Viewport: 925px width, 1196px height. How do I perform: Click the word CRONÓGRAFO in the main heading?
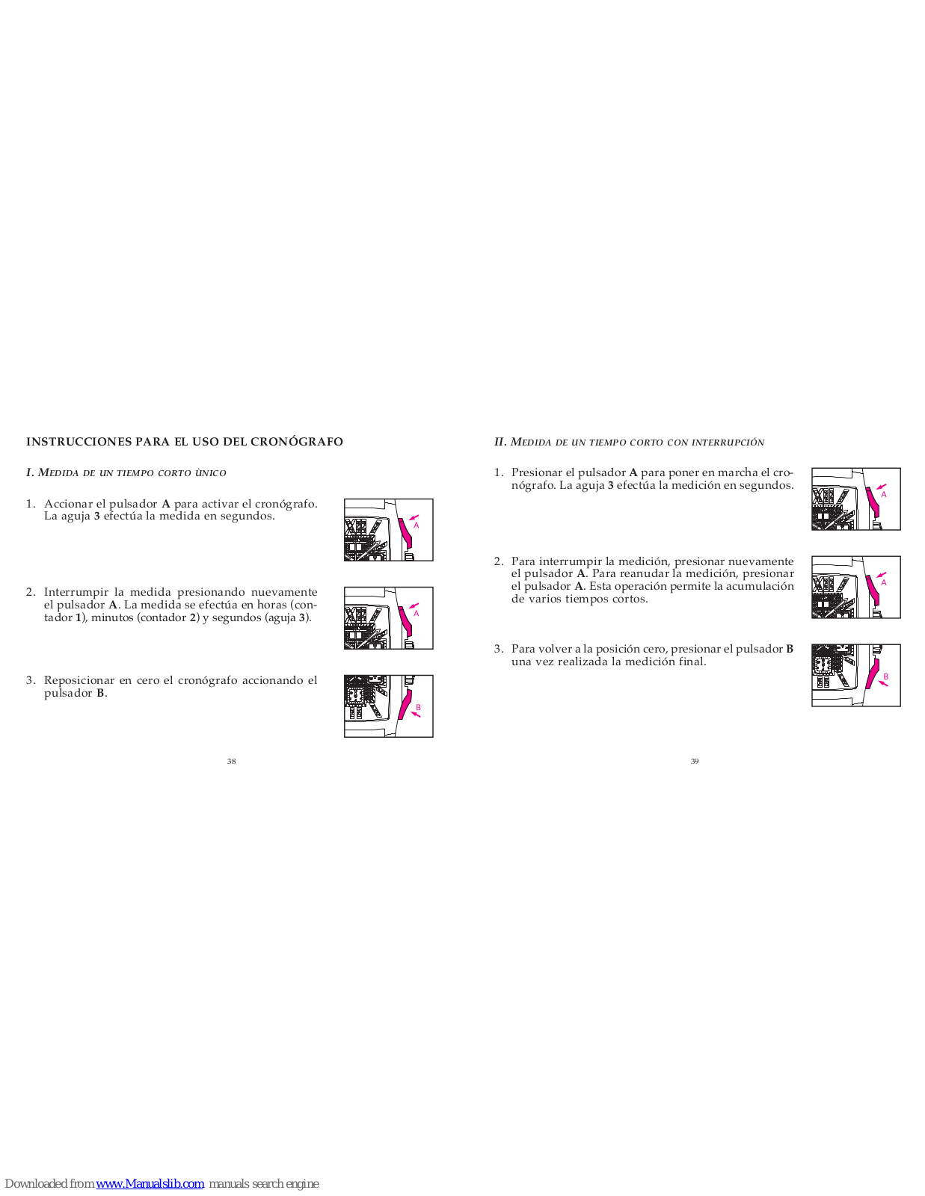click(x=297, y=442)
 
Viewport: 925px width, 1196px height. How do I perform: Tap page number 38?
click(x=231, y=761)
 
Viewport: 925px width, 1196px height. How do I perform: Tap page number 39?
click(x=695, y=761)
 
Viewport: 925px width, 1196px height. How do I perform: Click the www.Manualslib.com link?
click(x=150, y=1183)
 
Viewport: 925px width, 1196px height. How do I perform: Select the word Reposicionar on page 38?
click(x=79, y=680)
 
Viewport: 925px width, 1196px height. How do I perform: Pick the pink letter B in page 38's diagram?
click(x=418, y=707)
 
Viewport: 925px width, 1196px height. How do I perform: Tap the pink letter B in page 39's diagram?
click(x=885, y=676)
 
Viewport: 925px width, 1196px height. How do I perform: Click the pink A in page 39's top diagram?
click(x=884, y=494)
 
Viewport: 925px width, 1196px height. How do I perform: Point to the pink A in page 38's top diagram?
click(x=417, y=525)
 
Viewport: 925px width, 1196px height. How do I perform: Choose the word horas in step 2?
click(x=272, y=605)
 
